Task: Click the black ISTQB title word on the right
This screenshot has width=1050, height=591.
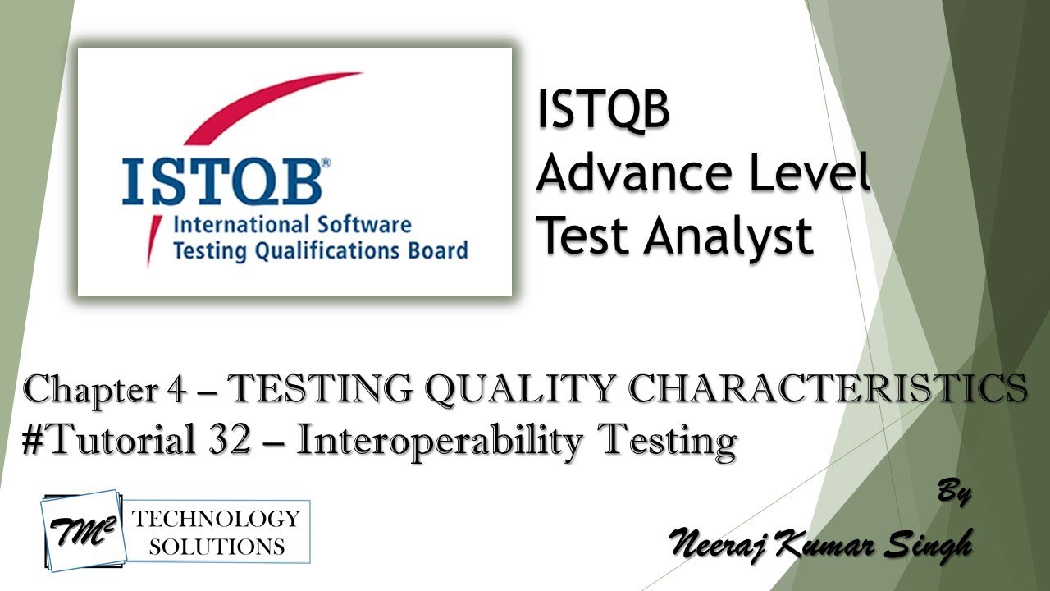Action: (603, 111)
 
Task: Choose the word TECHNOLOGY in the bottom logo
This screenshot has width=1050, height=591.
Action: (217, 519)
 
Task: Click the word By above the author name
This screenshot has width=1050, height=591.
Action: (953, 494)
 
